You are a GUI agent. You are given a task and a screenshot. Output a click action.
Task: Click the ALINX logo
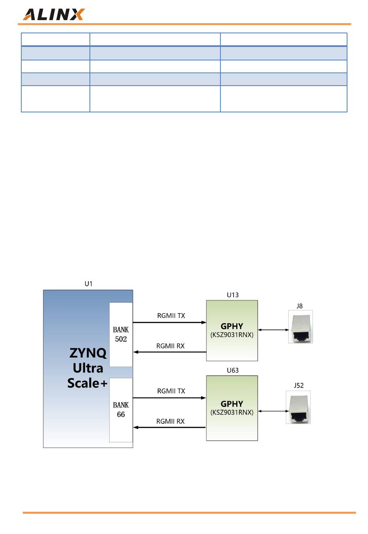53,14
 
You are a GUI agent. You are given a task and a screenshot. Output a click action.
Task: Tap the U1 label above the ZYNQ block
88,284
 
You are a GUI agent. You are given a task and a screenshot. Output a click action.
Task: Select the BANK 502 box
121,334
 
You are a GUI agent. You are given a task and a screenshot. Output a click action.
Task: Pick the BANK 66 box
121,410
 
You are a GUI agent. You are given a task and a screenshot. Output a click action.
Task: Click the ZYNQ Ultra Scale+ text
88,368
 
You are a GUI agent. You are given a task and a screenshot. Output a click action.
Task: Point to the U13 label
232,295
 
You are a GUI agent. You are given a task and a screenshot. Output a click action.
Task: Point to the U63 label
232,370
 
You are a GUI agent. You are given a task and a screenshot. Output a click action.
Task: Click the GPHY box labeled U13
232,331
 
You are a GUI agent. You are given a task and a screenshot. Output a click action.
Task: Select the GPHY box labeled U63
232,408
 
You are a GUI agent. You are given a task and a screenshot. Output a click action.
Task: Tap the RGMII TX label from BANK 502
171,316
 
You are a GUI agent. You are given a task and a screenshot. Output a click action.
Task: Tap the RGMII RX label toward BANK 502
170,346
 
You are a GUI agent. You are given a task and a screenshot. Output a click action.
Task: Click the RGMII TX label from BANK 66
171,391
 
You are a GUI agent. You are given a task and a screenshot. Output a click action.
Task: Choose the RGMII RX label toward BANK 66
170,421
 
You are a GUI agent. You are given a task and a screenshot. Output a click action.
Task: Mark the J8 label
299,306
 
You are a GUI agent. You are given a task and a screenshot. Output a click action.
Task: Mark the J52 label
299,385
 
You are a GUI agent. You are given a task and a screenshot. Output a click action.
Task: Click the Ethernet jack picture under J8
300,327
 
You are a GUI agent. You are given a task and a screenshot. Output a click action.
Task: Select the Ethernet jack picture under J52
298,407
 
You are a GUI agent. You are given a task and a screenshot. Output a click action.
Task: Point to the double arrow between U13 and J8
273,330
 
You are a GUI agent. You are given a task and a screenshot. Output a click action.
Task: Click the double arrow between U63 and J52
273,411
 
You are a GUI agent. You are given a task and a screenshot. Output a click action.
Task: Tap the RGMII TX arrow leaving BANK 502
169,322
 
